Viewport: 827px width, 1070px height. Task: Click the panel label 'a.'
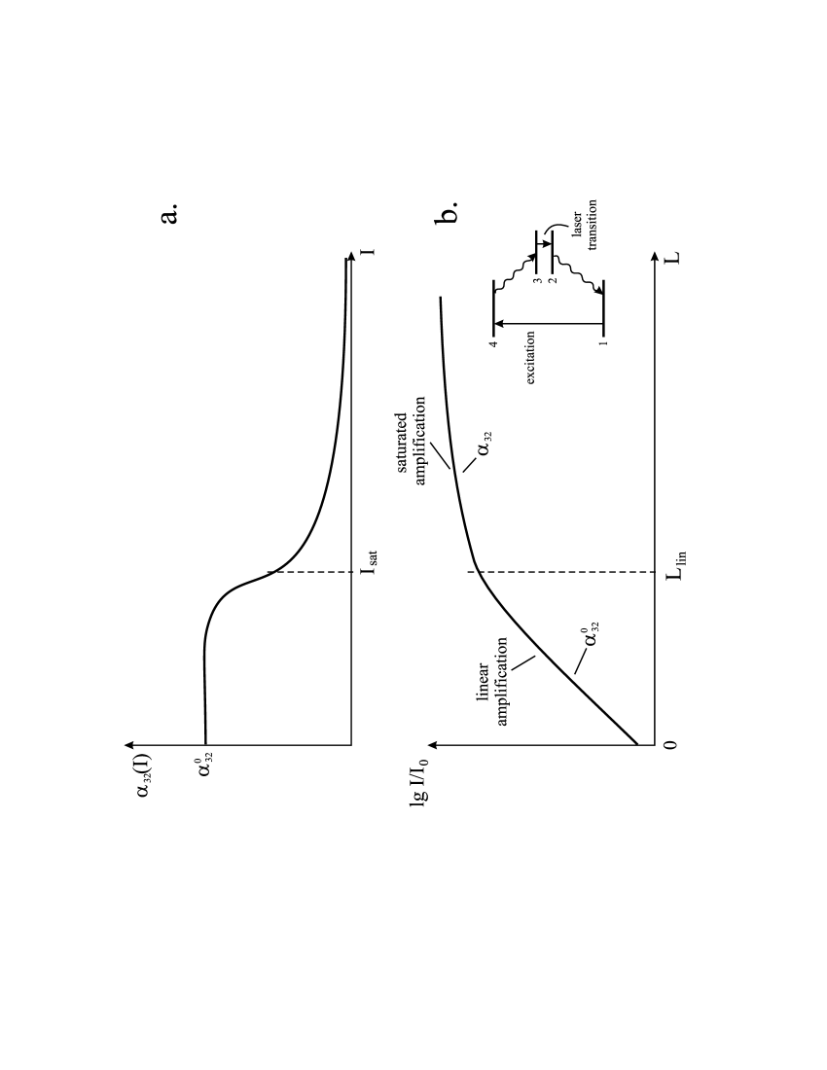(170, 212)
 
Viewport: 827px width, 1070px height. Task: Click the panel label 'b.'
(448, 211)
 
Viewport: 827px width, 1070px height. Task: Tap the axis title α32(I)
(144, 774)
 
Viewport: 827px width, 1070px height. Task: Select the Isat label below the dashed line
(369, 562)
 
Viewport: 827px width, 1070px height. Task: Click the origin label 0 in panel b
(671, 744)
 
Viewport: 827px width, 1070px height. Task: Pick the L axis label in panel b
(673, 258)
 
